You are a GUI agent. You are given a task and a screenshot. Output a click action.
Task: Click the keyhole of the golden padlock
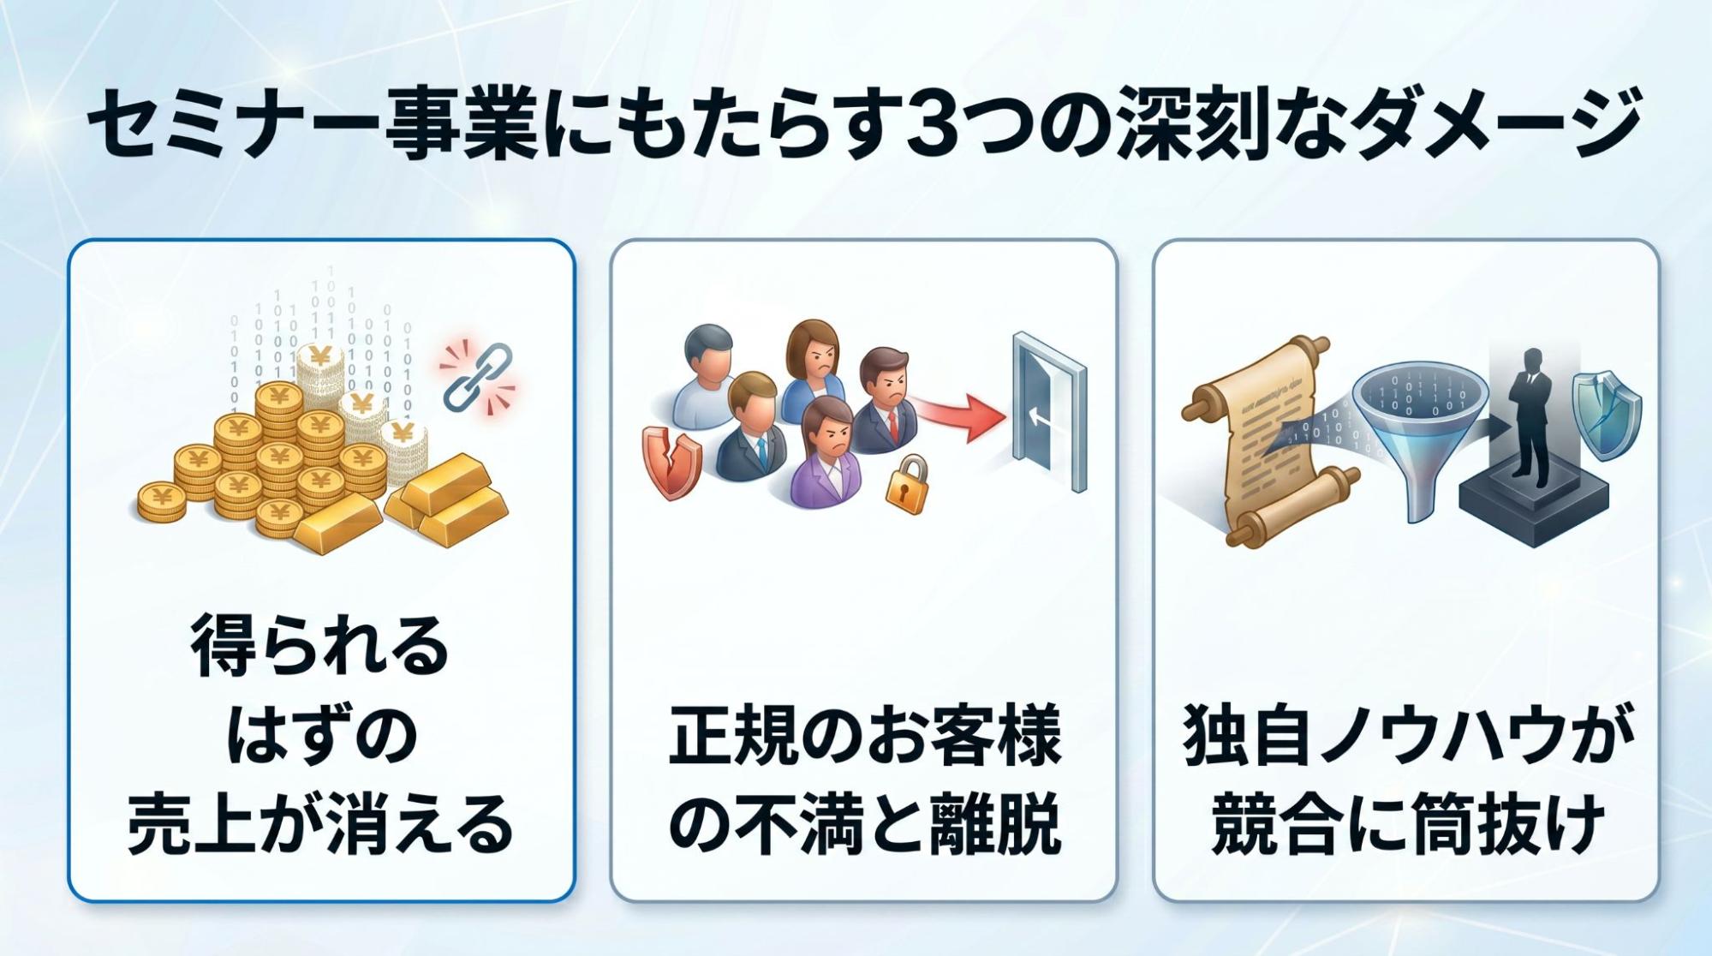click(904, 490)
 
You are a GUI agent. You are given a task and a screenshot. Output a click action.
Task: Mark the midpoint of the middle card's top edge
click(863, 240)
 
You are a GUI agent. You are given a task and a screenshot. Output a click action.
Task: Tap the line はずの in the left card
click(320, 735)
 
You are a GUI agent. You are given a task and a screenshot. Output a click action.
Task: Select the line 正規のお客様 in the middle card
click(864, 735)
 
